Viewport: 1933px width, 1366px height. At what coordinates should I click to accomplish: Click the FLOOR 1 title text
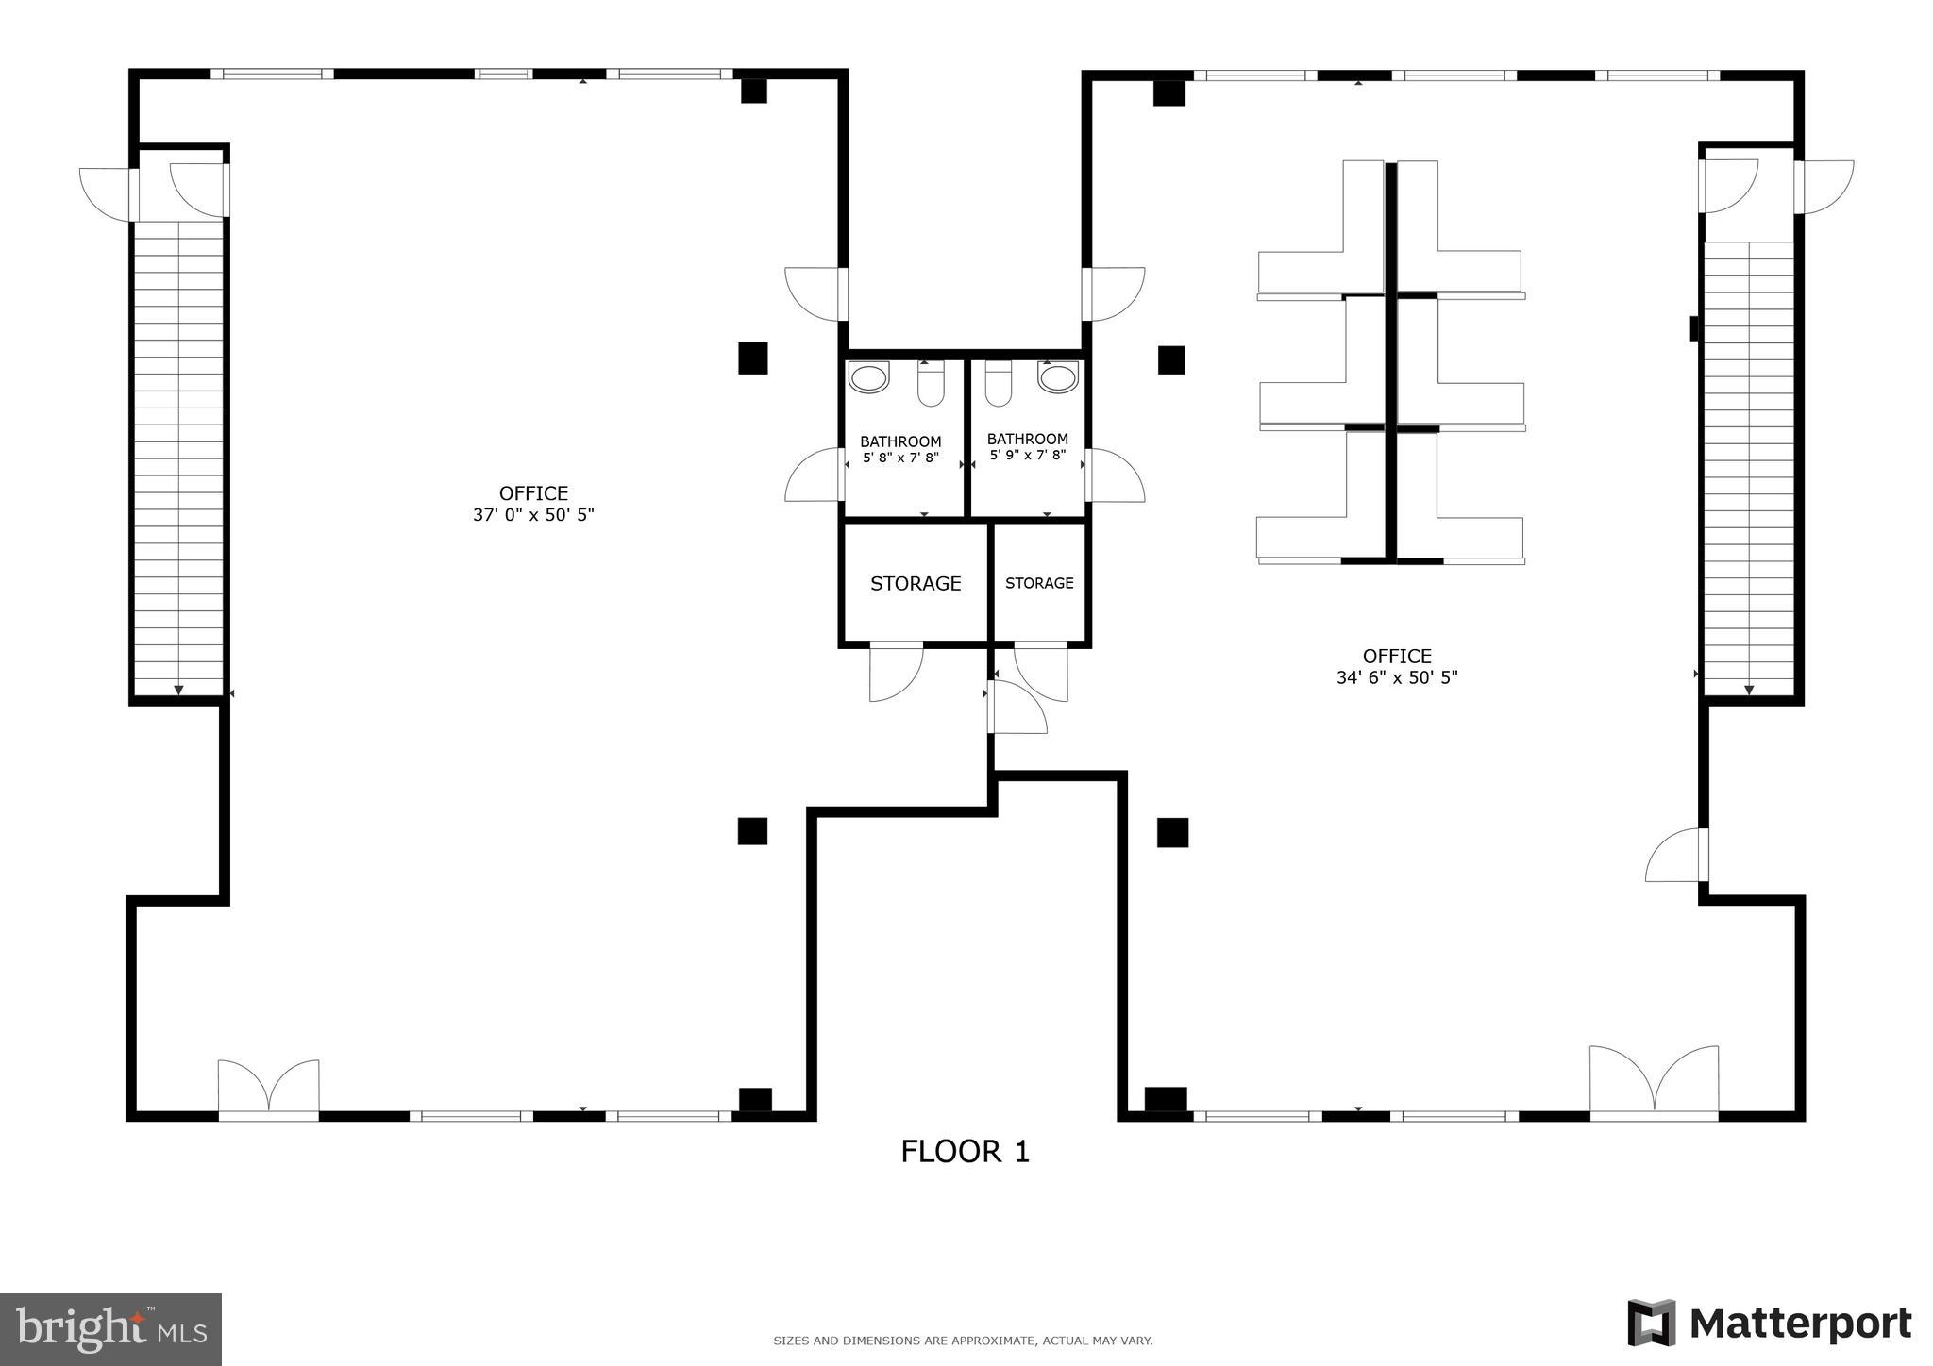click(965, 1151)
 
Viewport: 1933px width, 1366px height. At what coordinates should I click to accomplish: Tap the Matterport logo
click(1770, 1323)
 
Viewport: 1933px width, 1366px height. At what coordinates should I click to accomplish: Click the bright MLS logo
click(110, 1329)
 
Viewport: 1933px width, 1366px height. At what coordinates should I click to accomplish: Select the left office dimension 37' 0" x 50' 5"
click(533, 515)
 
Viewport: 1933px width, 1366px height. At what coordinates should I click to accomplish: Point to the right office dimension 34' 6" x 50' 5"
click(1397, 677)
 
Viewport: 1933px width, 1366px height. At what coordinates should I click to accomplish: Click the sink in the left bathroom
click(868, 377)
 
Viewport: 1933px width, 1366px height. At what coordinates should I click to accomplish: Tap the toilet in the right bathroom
click(998, 383)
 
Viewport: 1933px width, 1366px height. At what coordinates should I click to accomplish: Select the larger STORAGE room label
click(916, 584)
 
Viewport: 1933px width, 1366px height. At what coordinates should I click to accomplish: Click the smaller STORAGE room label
click(1039, 583)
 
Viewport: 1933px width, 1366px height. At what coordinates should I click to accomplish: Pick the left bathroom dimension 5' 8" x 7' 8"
click(901, 458)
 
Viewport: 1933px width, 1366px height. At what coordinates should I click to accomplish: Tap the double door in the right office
click(1654, 1083)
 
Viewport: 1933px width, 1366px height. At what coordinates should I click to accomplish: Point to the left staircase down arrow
click(178, 690)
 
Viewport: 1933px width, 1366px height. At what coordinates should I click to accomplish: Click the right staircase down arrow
click(1748, 690)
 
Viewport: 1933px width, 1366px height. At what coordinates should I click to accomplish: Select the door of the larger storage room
click(895, 672)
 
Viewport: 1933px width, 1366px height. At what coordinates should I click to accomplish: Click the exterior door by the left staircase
click(106, 194)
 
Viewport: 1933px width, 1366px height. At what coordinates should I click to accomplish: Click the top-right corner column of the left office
click(753, 91)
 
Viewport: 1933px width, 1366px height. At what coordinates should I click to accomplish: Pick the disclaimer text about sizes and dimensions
click(963, 1341)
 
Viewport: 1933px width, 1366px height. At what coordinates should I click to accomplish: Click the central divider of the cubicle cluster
click(1390, 362)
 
